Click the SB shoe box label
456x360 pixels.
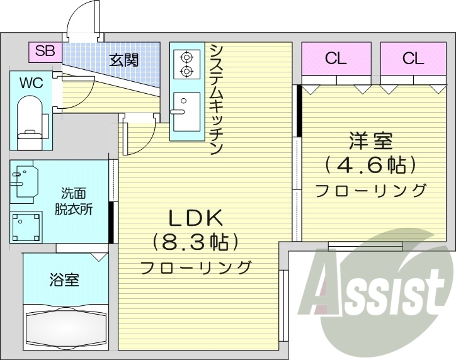point(44,52)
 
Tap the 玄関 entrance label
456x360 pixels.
point(124,60)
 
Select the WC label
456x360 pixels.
point(30,83)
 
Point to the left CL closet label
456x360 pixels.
point(336,59)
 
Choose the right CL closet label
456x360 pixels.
point(413,59)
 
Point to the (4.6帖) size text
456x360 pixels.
point(370,166)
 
